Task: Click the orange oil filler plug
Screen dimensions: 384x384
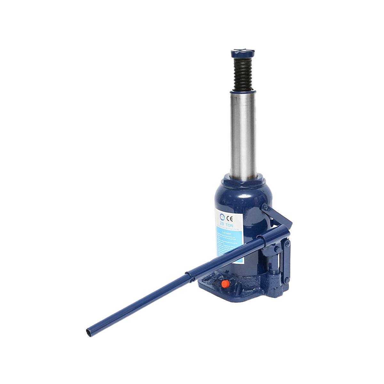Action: (225, 284)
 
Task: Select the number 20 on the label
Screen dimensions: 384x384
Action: (222, 225)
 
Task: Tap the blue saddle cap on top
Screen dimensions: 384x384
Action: (243, 53)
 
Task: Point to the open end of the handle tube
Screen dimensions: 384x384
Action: (89, 332)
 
